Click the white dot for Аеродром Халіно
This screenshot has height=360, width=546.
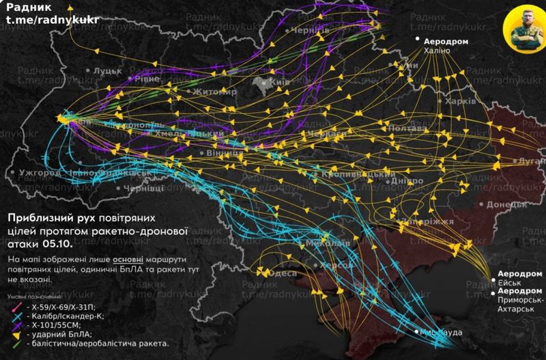click(418, 41)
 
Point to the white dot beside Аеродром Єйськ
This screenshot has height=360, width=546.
click(493, 280)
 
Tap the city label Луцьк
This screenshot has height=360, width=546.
click(107, 70)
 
